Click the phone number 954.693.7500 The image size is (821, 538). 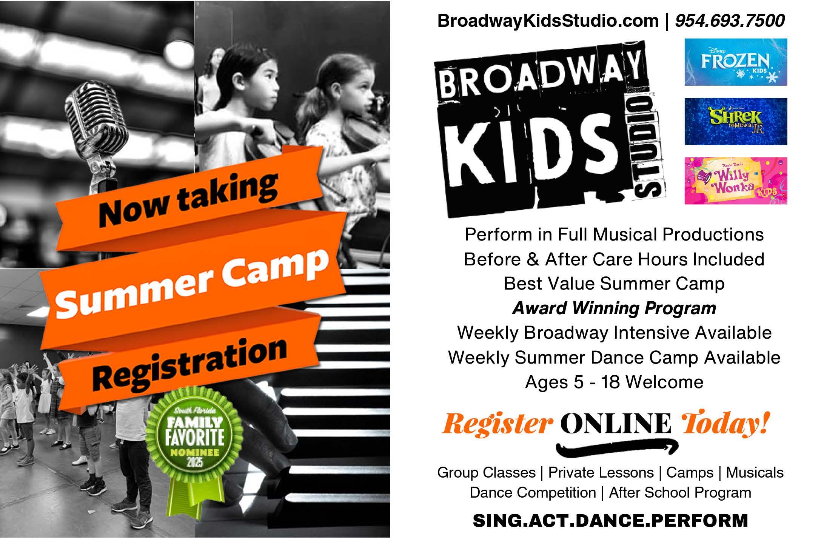730,20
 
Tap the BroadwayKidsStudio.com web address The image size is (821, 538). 548,20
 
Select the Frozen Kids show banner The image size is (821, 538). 736,62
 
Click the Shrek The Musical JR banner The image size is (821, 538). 736,121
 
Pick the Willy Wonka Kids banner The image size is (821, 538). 736,180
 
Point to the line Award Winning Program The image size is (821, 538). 614,308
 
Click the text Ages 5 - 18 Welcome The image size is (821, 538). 614,382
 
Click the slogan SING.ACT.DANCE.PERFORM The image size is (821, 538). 610,520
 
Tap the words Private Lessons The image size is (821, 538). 601,472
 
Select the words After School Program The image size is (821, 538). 680,492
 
